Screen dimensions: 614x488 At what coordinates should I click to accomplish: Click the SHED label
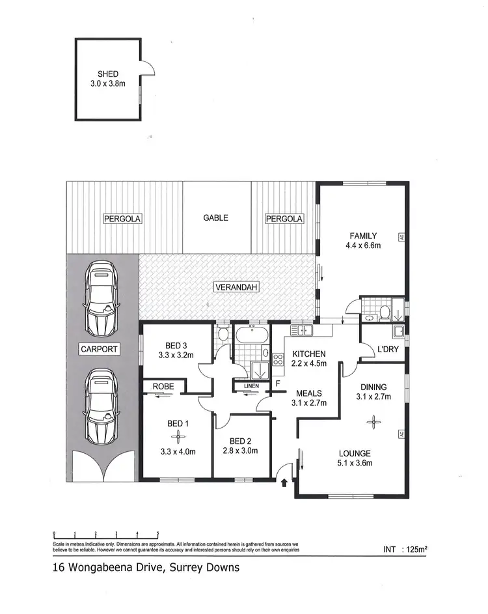point(107,74)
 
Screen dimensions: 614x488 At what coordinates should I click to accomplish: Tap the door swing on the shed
point(148,68)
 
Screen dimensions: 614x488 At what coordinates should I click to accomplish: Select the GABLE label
point(215,218)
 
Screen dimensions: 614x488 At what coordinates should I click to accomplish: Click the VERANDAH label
point(235,286)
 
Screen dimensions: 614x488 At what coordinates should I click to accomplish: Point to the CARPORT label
point(99,349)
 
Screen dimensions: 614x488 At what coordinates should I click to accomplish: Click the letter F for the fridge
point(277,384)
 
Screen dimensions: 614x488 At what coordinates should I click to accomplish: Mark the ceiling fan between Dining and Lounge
point(374,422)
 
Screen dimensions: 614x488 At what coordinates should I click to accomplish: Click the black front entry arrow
point(284,483)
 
